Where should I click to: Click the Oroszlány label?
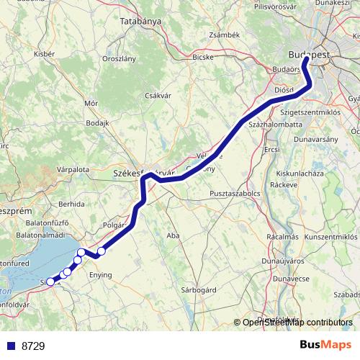click(x=120, y=58)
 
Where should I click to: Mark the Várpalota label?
click(x=73, y=169)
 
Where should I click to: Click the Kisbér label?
click(x=44, y=54)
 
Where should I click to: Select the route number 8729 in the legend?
click(x=33, y=346)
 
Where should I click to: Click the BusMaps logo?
click(x=326, y=345)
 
